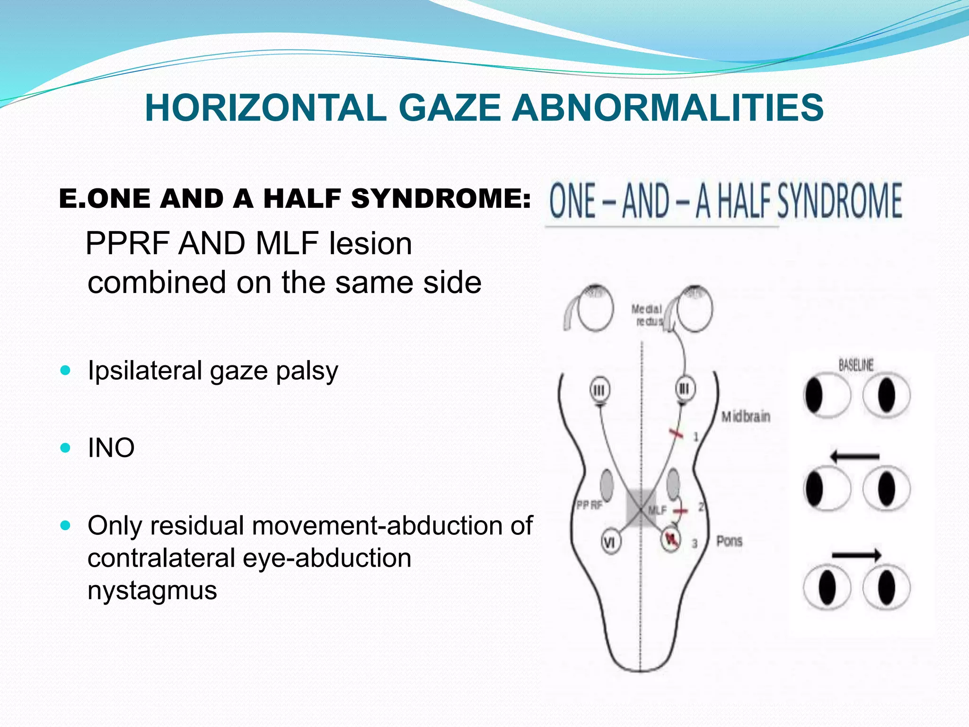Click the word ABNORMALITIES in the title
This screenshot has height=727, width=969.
668,108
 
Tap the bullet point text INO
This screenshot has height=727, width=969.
111,448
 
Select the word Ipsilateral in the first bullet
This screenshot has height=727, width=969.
145,371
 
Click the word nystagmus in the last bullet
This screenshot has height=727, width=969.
152,590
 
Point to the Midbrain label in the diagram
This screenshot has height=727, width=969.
746,417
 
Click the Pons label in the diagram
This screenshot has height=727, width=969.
729,541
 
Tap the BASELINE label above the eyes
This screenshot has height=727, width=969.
856,365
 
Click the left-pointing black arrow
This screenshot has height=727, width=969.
854,457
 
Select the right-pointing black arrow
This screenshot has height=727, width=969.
856,555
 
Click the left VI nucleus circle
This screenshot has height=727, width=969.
610,542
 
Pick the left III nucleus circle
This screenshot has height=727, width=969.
599,390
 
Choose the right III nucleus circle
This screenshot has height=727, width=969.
685,389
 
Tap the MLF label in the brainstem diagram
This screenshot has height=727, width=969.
657,510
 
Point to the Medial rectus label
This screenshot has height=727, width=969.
647,315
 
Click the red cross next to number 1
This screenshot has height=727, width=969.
676,433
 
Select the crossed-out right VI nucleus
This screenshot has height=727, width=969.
670,539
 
